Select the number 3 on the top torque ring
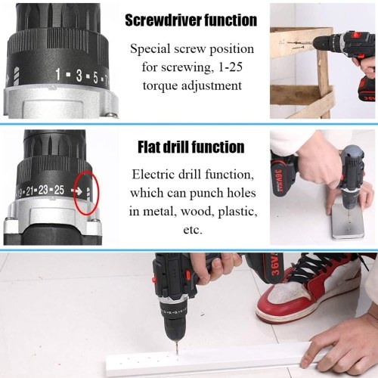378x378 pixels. point(79,76)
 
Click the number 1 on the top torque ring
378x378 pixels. point(58,74)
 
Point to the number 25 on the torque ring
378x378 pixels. point(59,190)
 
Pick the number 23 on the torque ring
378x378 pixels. point(43,191)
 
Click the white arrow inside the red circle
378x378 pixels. point(77,191)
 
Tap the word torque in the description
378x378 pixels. point(160,85)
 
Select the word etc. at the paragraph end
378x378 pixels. point(193,230)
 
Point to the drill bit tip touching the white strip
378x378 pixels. point(177,353)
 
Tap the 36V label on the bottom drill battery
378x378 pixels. point(276,265)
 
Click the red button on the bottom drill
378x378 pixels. point(153,280)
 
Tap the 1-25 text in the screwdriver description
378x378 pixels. point(231,67)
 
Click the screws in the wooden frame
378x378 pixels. point(296,45)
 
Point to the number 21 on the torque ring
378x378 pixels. point(29,191)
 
